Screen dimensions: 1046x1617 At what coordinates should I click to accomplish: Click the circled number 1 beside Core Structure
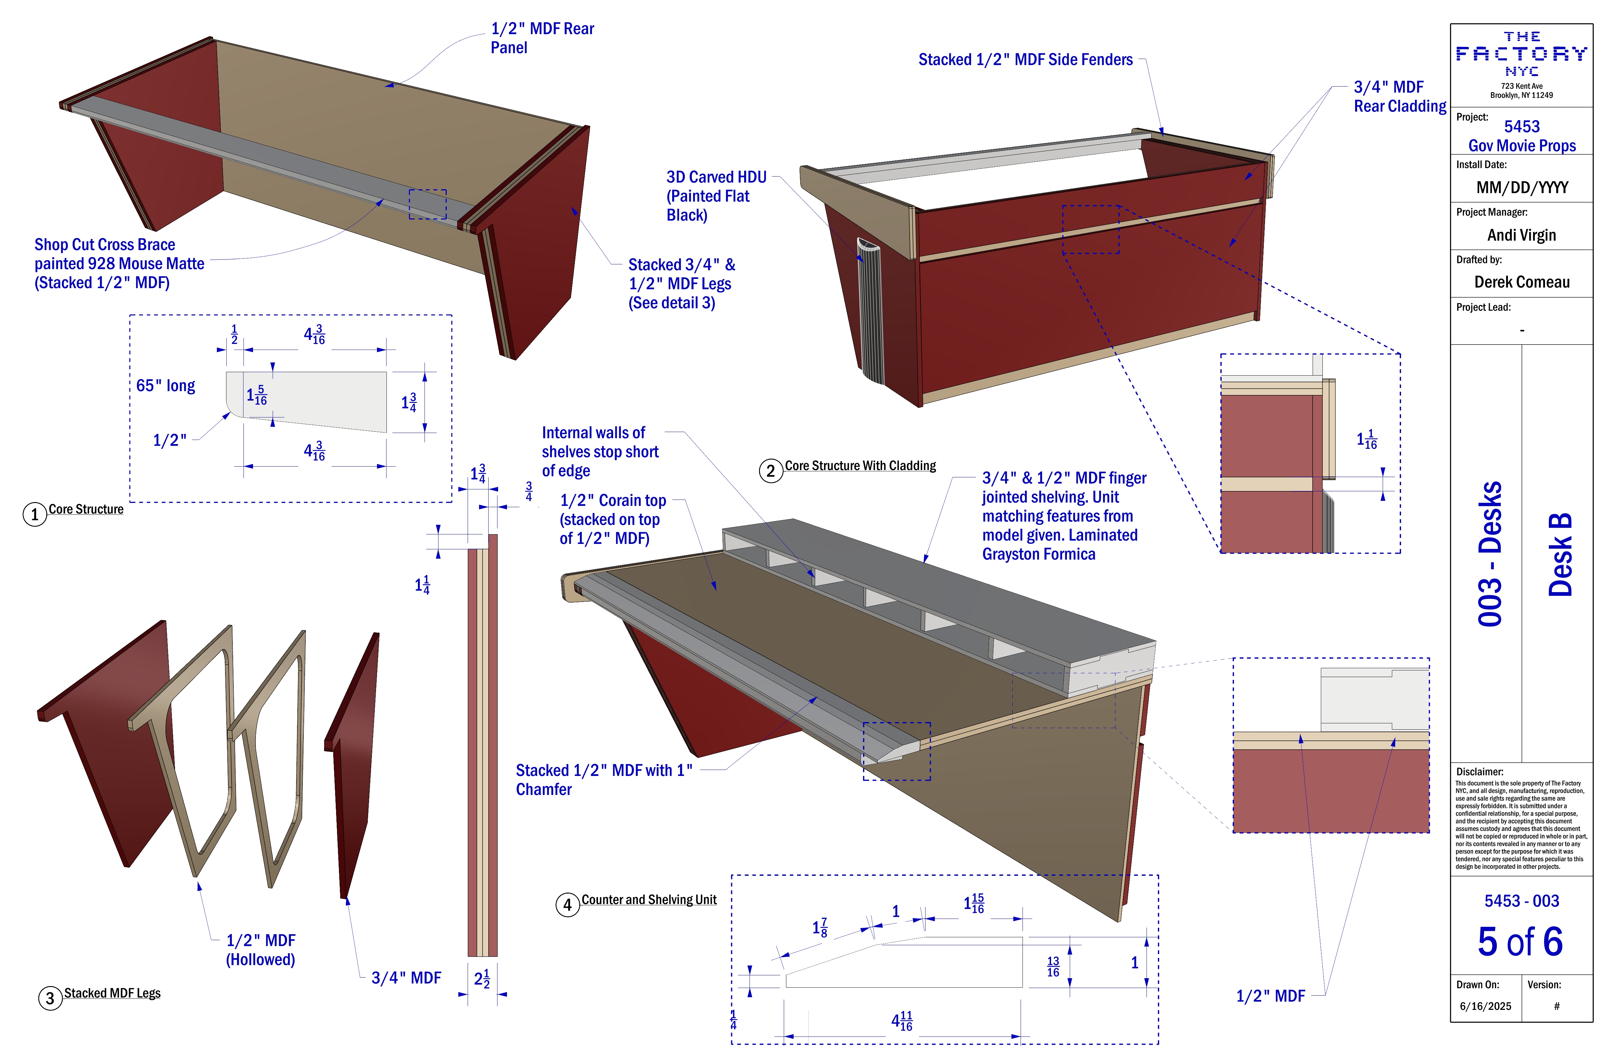(35, 514)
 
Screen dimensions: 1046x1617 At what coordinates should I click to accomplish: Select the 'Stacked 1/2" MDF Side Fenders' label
(1025, 60)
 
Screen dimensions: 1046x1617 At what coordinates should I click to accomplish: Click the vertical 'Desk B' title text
(1560, 554)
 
